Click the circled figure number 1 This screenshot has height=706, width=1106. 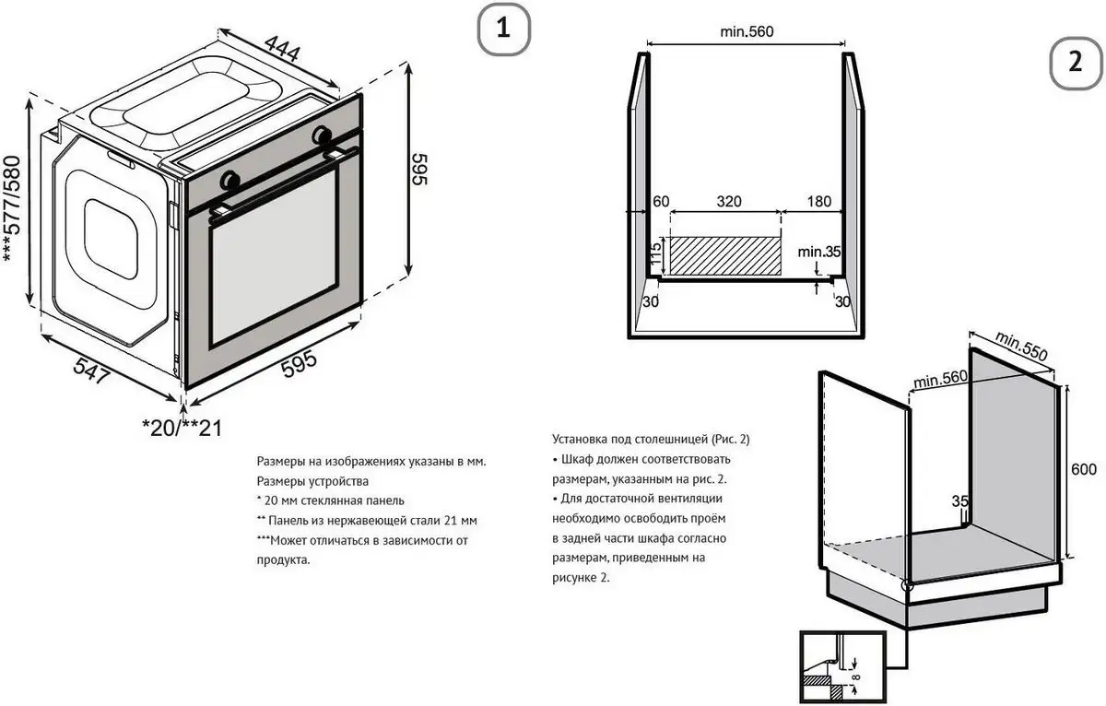coord(502,29)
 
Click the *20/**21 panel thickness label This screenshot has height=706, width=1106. coord(182,428)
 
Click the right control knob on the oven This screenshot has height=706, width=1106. coord(322,135)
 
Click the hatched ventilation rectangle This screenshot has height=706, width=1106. coord(724,256)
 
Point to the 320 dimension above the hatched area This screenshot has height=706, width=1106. coord(728,201)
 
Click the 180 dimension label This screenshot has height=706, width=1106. coord(818,201)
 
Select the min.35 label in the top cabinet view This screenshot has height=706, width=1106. coord(819,250)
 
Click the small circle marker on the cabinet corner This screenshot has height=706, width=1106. coord(908,584)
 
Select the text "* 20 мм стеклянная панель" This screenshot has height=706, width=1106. coord(330,500)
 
